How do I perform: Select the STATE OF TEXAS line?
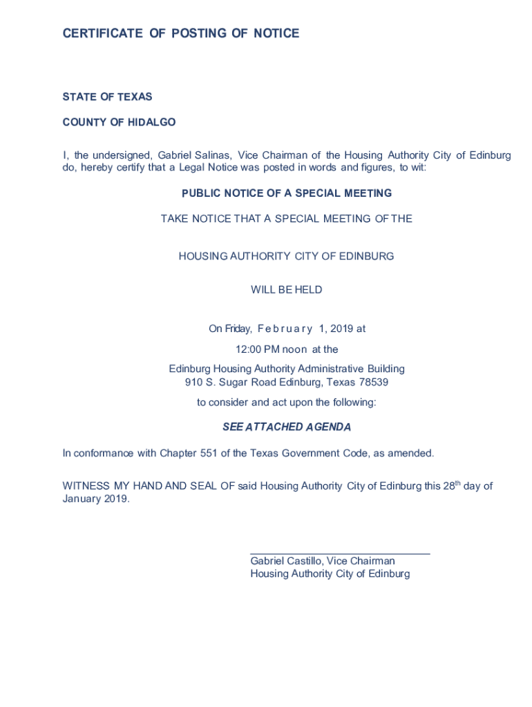click(x=107, y=97)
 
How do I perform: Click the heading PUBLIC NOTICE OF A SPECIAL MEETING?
click(x=287, y=193)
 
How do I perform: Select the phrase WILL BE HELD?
click(x=286, y=290)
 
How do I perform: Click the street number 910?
click(x=193, y=382)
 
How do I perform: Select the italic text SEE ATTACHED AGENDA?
click(x=287, y=427)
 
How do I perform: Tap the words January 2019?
click(x=95, y=499)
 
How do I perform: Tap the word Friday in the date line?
click(x=225, y=329)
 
